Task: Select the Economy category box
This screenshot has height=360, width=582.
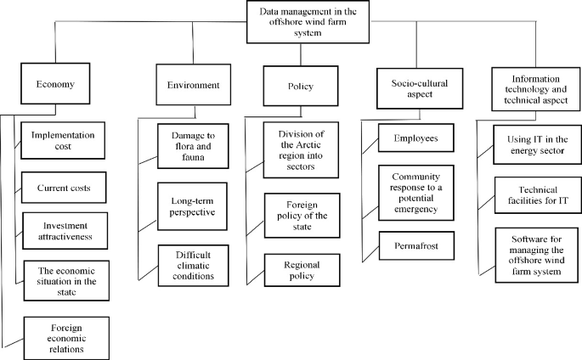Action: pyautogui.click(x=57, y=85)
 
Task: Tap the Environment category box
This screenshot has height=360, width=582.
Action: pyautogui.click(x=187, y=85)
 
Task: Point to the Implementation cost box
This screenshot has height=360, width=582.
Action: pyautogui.click(x=63, y=141)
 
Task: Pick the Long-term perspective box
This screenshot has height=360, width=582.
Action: pyautogui.click(x=192, y=205)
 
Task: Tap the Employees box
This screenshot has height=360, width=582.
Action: pyautogui.click(x=415, y=137)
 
